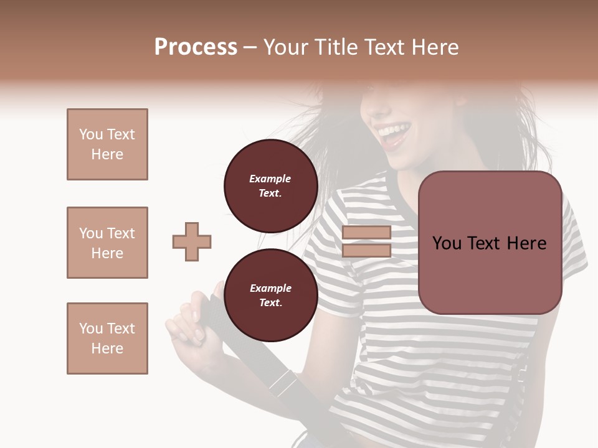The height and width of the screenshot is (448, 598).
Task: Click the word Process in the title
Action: [x=196, y=47]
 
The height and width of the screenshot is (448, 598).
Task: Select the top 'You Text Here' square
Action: [x=107, y=144]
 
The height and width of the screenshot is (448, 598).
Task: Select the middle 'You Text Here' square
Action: [x=107, y=243]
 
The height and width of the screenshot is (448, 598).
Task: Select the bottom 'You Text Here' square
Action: [x=107, y=338]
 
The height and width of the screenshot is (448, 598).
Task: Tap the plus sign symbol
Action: [x=192, y=241]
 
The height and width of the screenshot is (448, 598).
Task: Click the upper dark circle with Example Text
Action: [x=270, y=185]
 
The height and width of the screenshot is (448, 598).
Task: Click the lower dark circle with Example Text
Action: [x=270, y=295]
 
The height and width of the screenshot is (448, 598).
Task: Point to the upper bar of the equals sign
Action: [x=366, y=233]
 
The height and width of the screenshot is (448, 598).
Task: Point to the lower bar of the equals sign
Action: [x=366, y=250]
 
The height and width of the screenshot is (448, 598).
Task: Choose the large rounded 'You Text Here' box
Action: [x=490, y=243]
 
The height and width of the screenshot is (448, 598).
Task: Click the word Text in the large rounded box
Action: [x=488, y=243]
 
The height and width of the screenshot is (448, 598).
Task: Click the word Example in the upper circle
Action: [x=270, y=179]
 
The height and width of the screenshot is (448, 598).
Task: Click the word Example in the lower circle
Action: [x=270, y=288]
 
